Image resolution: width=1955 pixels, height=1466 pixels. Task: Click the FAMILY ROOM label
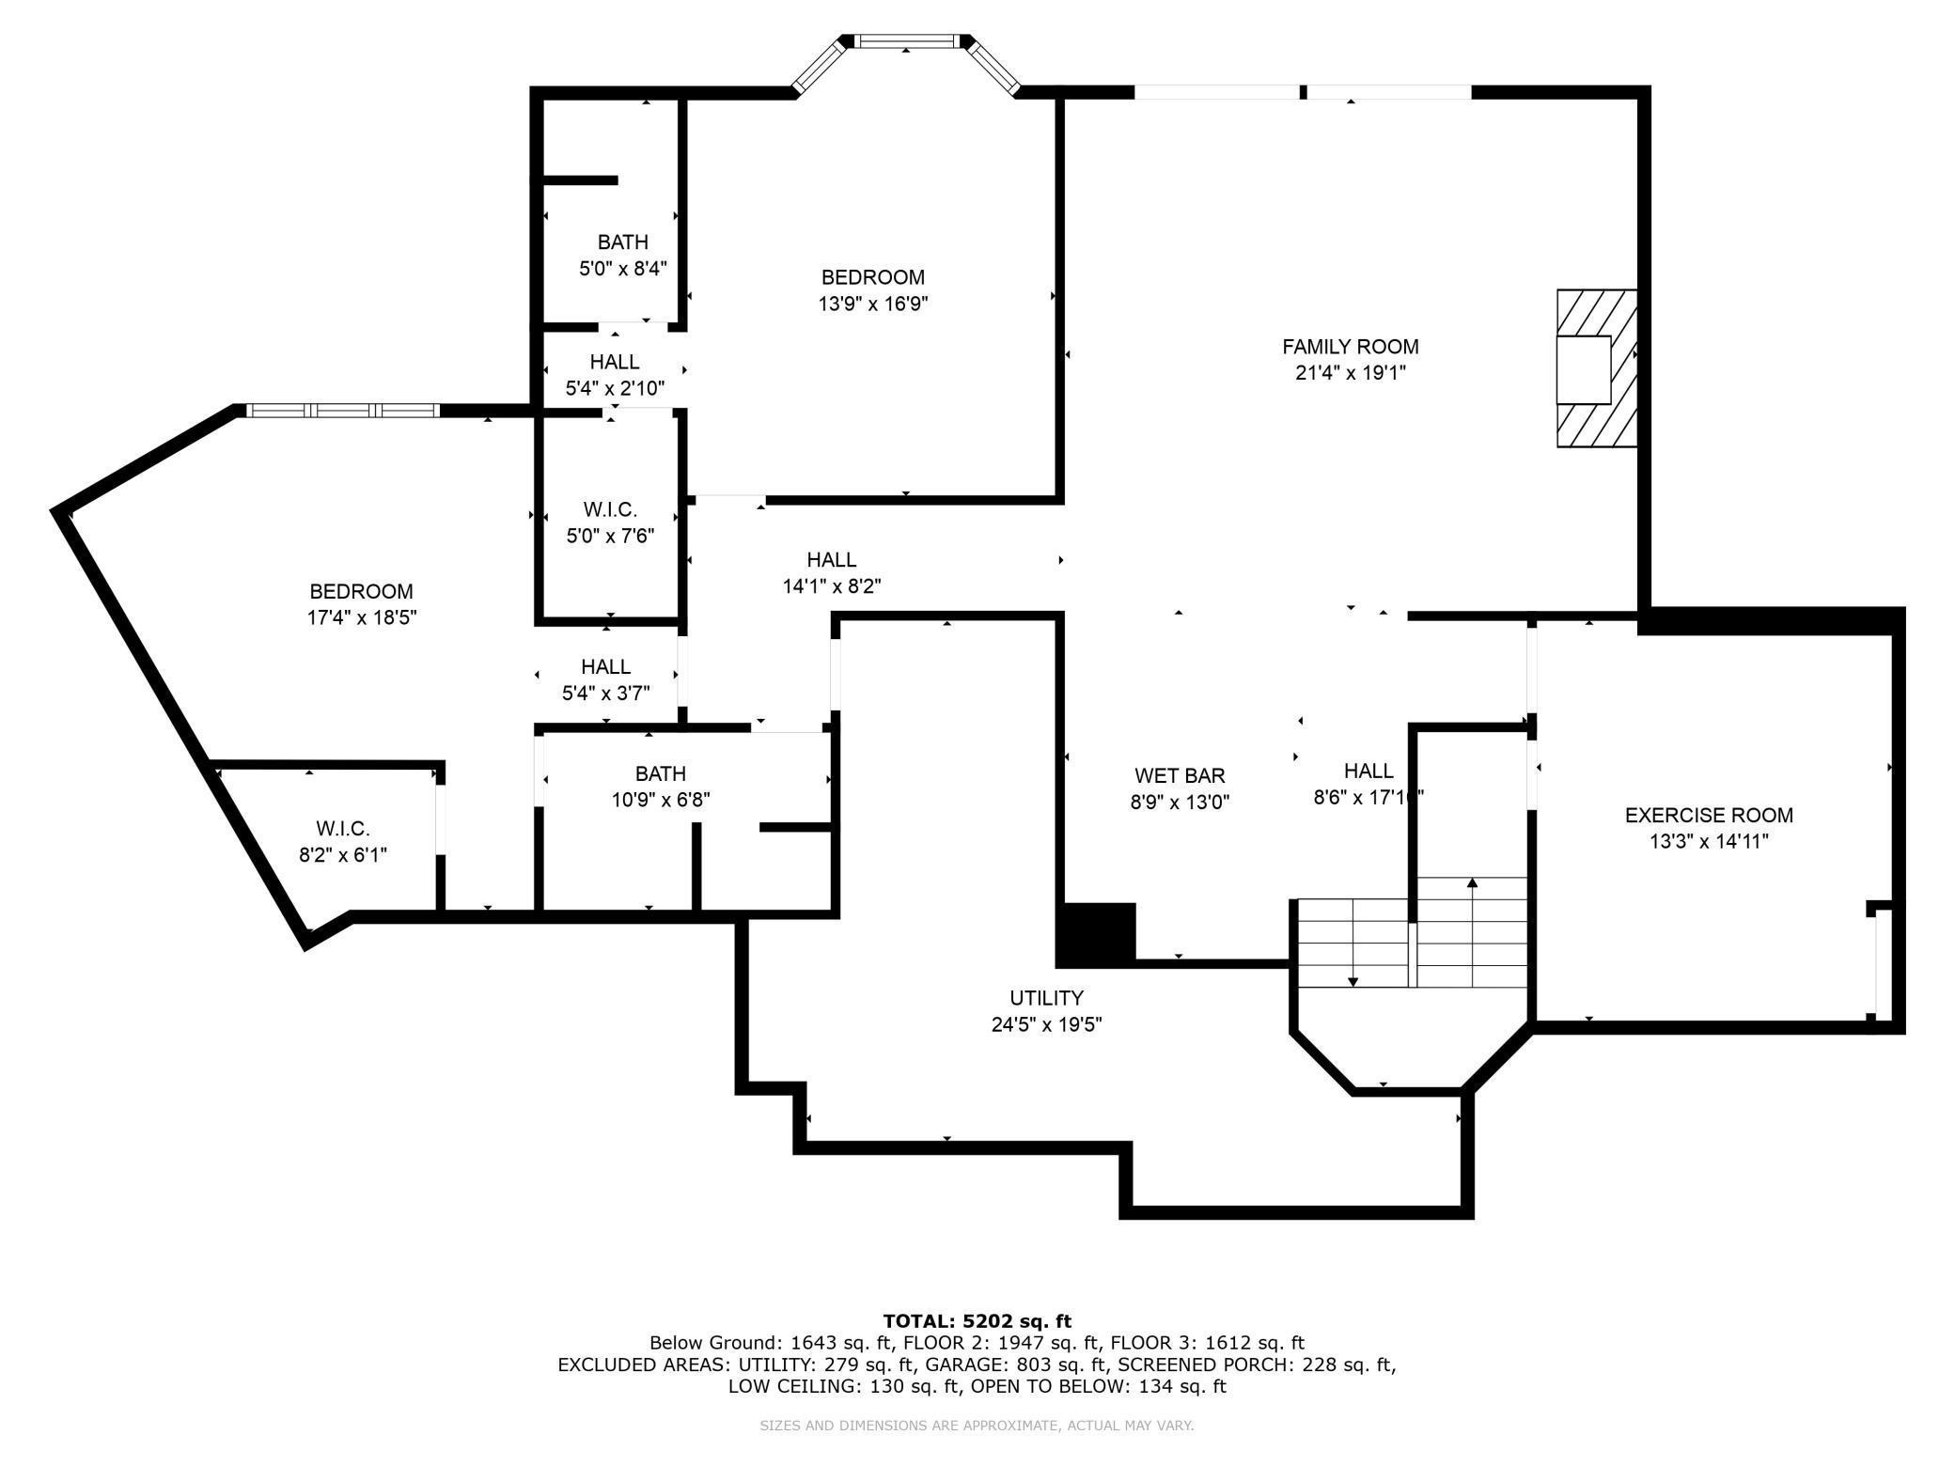coord(1350,347)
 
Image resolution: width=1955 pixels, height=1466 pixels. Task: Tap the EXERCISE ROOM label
coord(1708,816)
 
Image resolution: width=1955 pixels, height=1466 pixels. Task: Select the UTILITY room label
coord(1046,998)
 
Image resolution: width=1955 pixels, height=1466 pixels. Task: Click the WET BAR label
coord(1179,776)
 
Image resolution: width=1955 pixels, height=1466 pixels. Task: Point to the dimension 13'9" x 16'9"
coord(873,304)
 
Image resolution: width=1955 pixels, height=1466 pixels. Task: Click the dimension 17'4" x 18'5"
coord(362,617)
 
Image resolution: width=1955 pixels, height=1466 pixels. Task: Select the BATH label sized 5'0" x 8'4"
coord(622,242)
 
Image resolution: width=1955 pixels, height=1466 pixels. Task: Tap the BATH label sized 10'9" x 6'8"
coord(660,773)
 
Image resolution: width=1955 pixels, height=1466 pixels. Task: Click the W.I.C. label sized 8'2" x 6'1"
coord(342,829)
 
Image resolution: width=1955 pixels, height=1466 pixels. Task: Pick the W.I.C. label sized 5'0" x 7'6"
coord(610,509)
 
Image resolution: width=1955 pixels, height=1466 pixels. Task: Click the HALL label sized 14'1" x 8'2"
coord(831,560)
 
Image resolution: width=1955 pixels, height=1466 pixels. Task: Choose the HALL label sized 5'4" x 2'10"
coord(615,362)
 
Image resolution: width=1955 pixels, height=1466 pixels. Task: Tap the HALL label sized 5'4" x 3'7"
coord(605,667)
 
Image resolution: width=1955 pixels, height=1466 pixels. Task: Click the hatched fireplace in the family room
coord(1596,368)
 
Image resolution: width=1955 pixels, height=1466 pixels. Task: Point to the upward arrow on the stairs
coord(1472,883)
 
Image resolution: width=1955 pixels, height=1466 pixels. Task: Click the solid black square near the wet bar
coord(1097,934)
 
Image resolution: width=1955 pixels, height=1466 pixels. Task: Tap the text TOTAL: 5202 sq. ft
coord(977,1321)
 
